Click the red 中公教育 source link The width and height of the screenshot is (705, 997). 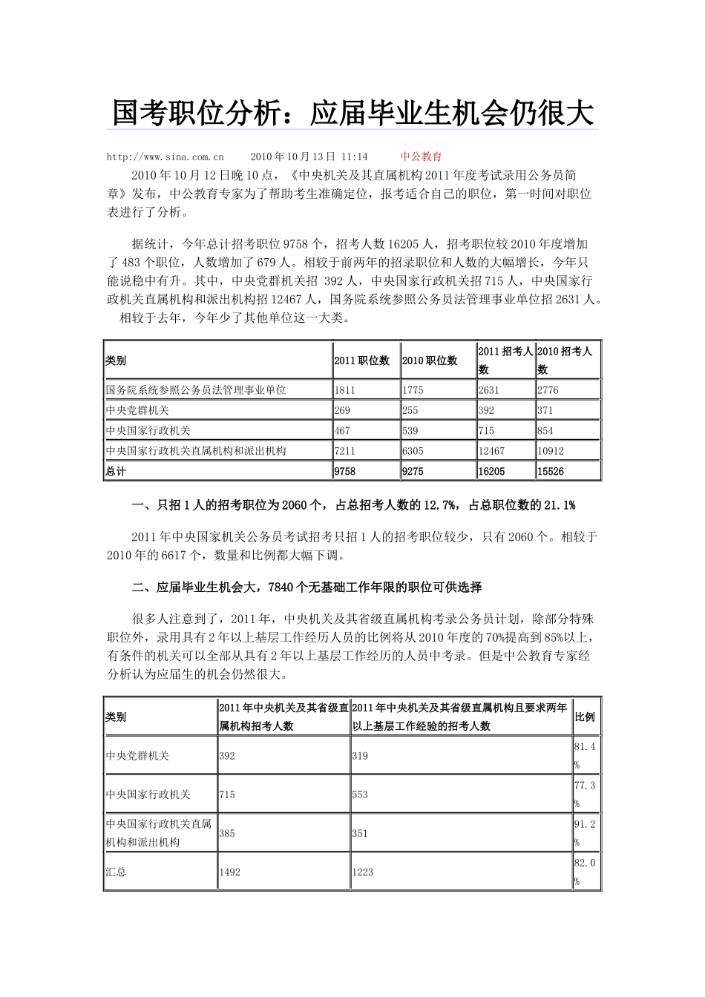(421, 157)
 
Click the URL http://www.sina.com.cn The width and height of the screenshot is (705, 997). (165, 157)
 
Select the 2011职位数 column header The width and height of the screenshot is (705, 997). (361, 361)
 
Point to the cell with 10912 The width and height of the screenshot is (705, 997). (551, 451)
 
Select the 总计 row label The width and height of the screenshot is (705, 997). (117, 472)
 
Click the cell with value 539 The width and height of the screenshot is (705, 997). (410, 431)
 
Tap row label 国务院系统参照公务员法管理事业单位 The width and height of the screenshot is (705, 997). (196, 390)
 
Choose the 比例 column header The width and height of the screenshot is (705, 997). (585, 717)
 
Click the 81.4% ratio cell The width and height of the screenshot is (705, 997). (585, 755)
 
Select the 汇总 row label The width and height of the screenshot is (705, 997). (117, 872)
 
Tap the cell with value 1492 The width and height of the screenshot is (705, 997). (230, 872)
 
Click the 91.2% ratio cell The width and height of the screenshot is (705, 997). (585, 833)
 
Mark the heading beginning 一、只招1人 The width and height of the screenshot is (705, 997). (353, 505)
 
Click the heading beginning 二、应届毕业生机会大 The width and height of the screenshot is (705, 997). (307, 588)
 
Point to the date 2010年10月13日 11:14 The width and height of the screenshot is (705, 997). (309, 157)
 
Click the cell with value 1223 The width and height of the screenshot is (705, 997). (363, 872)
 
